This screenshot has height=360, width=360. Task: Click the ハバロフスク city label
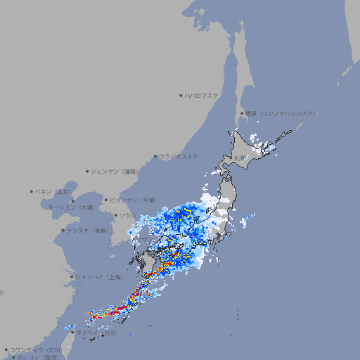pyautogui.click(x=202, y=95)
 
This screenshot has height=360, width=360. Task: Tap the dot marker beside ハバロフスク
pyautogui.click(x=181, y=95)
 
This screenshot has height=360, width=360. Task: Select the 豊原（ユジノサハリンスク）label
pyautogui.click(x=280, y=113)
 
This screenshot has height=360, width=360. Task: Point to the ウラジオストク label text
pyautogui.click(x=179, y=156)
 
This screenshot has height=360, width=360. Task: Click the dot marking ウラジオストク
pyautogui.click(x=155, y=157)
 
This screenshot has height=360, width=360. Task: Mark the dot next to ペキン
pyautogui.click(x=32, y=191)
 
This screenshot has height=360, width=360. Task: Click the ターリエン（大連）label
pyautogui.click(x=71, y=207)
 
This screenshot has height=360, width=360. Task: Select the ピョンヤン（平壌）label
pyautogui.click(x=133, y=200)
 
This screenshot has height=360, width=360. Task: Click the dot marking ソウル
pyautogui.click(x=115, y=215)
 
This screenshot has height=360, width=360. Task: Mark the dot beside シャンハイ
pyautogui.click(x=72, y=277)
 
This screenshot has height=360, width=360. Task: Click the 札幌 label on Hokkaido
pyautogui.click(x=240, y=157)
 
